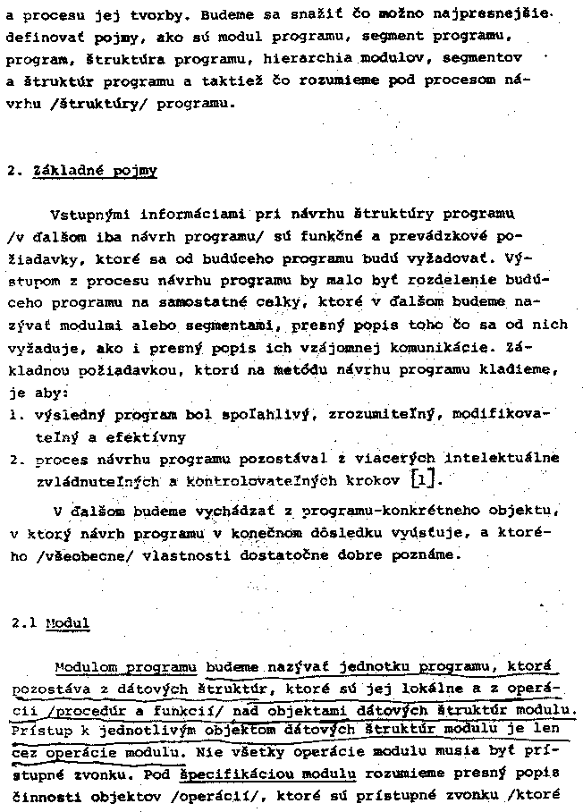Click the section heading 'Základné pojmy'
coord(95,170)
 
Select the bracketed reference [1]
coord(425,480)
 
